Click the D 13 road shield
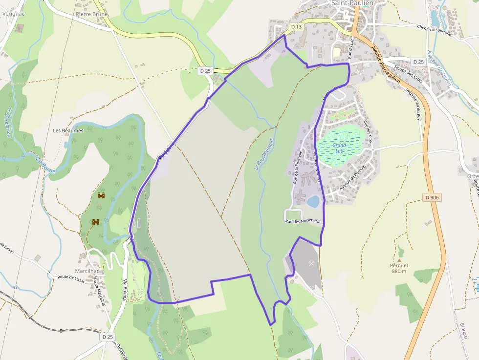coord(296,26)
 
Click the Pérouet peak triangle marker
coord(399,260)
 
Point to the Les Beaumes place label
coord(68,131)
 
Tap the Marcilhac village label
coord(87,271)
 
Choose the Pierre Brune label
coord(92,14)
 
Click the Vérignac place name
coord(13,14)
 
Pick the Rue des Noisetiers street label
coord(302,221)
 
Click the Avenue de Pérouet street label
coord(352,182)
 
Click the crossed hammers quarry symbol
coord(311,264)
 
